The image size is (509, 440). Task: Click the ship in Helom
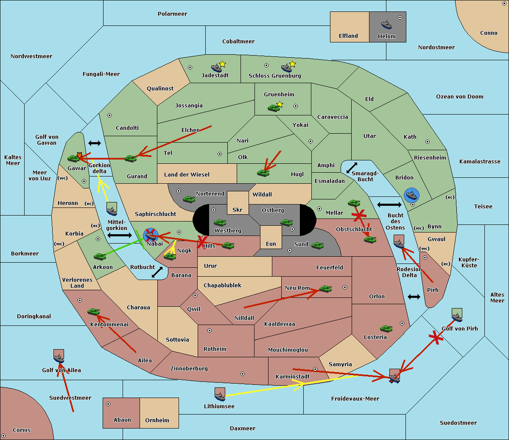(386, 25)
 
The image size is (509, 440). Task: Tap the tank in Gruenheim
(274, 108)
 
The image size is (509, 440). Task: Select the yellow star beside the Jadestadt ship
(222, 64)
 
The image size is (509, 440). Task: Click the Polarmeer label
(172, 14)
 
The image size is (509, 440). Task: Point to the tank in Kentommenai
(94, 311)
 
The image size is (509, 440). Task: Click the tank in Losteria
(386, 328)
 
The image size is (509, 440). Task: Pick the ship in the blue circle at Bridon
(411, 195)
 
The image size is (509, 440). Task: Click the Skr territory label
(238, 210)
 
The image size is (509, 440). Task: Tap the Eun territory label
(271, 244)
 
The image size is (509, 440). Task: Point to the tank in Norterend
(189, 199)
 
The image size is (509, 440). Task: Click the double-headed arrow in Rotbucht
(157, 272)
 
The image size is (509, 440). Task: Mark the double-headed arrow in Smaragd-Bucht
(352, 168)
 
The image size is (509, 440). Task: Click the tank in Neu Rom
(325, 289)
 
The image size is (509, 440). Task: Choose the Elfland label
(348, 36)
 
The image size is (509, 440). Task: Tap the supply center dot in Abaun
(108, 404)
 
